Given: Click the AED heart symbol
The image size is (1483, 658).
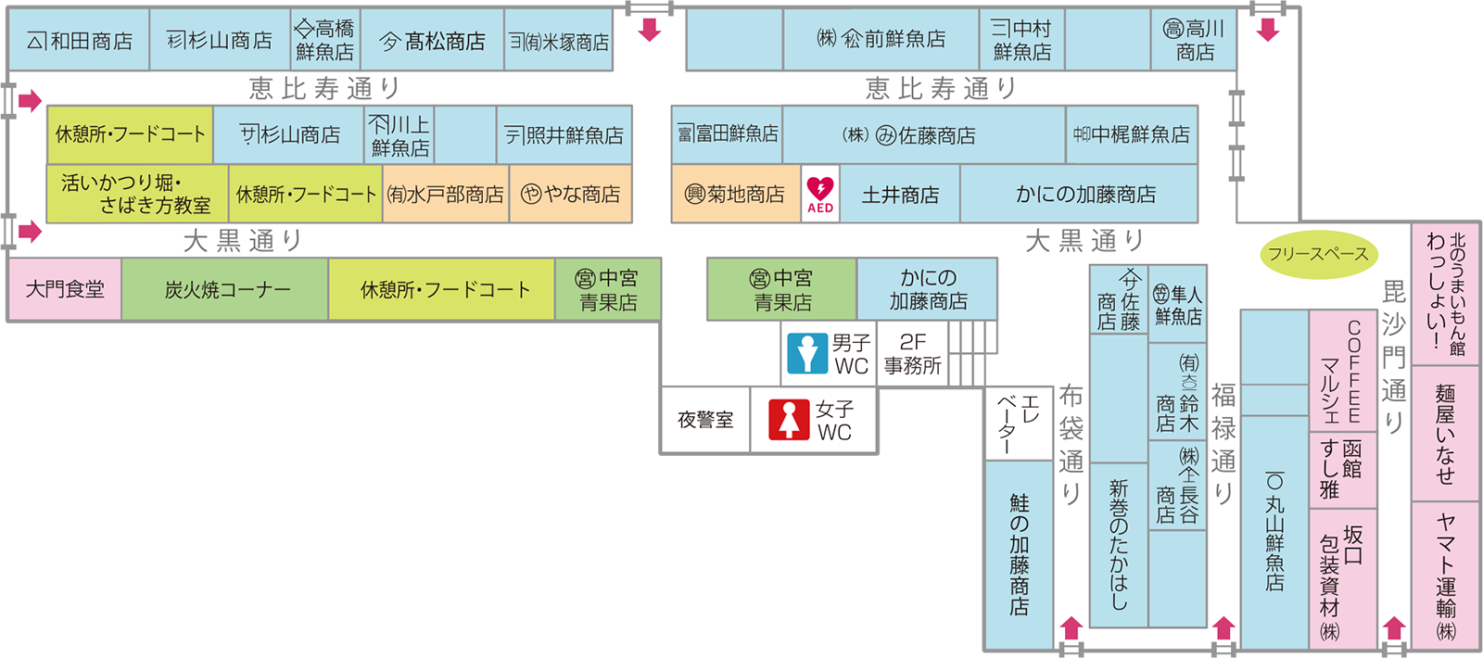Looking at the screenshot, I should tap(820, 189).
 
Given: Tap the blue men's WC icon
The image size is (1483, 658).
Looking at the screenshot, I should tap(806, 354).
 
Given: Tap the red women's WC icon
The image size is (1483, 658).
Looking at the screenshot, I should tap(789, 420).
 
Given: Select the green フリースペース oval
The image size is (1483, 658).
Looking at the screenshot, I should tap(1318, 255).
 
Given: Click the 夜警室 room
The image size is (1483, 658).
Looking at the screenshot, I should tap(705, 420).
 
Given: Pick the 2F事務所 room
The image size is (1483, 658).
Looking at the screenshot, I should tap(912, 354).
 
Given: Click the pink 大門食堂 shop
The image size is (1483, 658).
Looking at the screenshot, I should tap(65, 289).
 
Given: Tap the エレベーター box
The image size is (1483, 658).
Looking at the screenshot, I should tap(1020, 422).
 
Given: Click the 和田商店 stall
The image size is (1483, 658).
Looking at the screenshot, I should tap(80, 41).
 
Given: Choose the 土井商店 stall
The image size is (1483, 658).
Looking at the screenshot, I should tap(900, 195).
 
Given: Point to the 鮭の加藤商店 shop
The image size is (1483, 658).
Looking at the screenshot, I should tap(1020, 554).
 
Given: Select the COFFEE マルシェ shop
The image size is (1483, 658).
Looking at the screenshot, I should tap(1341, 371).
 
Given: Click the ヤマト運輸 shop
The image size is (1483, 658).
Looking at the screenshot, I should tap(1446, 575).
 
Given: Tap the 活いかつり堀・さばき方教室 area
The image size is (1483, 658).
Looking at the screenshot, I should tap(136, 194).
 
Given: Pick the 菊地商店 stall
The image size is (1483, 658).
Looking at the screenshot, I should tap(735, 195).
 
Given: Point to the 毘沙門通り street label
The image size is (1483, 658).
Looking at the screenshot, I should tap(1394, 357).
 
